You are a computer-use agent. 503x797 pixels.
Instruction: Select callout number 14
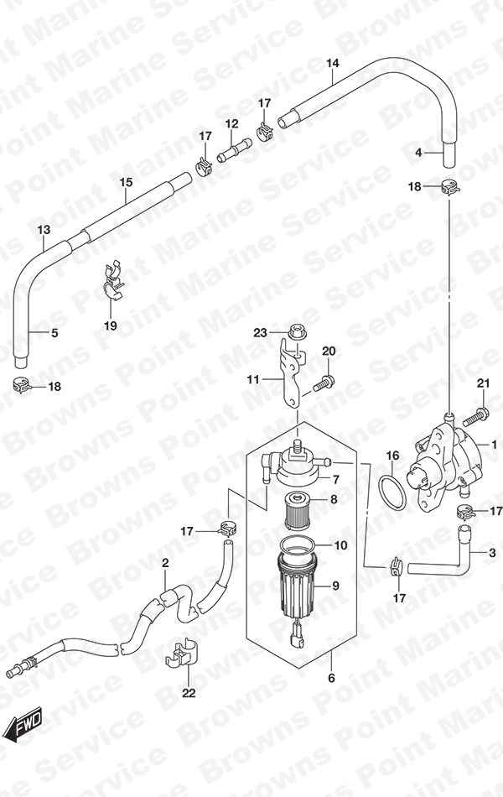(332, 64)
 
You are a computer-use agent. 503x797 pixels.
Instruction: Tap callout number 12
(231, 123)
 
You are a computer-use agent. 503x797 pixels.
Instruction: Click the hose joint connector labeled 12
(234, 150)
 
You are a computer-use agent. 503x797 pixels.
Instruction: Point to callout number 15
(126, 182)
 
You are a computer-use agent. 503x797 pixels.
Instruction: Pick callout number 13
(44, 230)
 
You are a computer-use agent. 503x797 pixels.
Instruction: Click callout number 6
(332, 678)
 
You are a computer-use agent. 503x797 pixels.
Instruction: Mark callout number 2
(165, 563)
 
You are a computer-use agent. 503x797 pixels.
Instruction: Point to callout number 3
(492, 553)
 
